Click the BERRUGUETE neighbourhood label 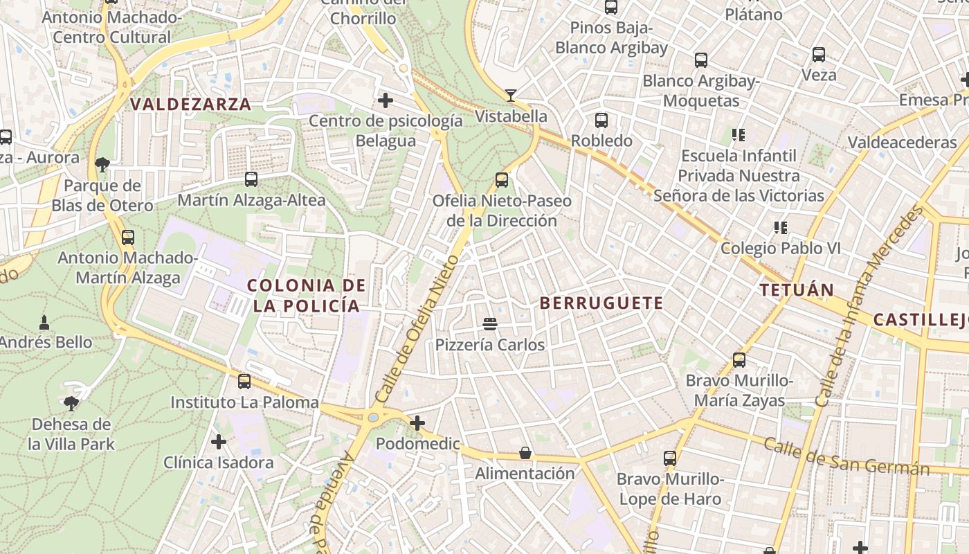click(601, 303)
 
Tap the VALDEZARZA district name click(190, 105)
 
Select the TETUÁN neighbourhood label click(797, 289)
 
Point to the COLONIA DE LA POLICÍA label click(306, 295)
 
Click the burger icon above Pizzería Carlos click(490, 323)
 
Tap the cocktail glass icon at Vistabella click(511, 95)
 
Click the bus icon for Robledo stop click(601, 120)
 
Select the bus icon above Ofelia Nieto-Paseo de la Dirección click(502, 180)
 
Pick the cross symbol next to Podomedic click(417, 422)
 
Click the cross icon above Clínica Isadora click(219, 441)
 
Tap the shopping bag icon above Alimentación click(525, 453)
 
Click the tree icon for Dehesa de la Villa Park click(71, 403)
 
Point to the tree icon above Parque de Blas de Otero click(102, 164)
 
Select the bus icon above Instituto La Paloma click(244, 381)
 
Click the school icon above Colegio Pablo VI click(781, 227)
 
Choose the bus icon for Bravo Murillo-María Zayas click(739, 360)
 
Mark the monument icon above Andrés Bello click(44, 322)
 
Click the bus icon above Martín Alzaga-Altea click(251, 179)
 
